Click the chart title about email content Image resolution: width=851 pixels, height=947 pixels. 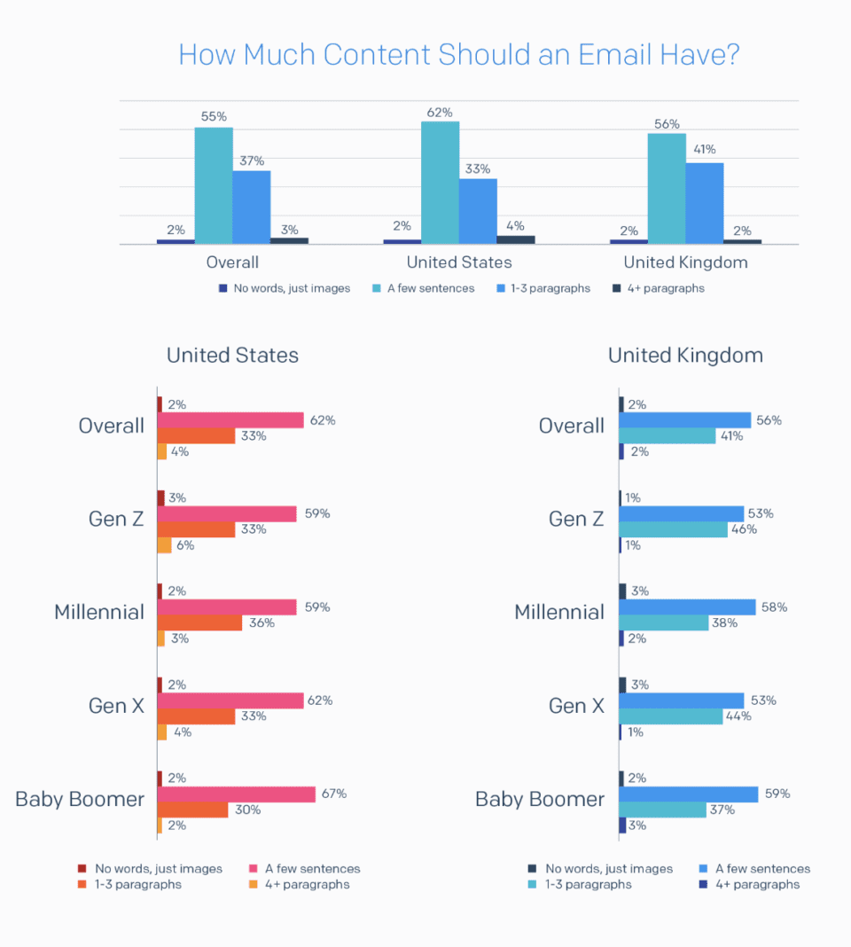click(458, 55)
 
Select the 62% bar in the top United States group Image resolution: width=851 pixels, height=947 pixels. click(440, 182)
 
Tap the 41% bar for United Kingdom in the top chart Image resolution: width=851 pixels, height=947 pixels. click(704, 203)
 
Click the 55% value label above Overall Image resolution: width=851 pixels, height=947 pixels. click(214, 117)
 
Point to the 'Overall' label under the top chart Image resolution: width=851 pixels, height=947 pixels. click(232, 262)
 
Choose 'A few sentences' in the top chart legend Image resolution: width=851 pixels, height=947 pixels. click(430, 288)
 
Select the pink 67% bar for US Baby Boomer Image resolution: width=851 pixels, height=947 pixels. click(236, 794)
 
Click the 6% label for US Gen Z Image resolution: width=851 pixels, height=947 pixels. click(185, 545)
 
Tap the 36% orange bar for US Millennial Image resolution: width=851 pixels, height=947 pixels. click(199, 623)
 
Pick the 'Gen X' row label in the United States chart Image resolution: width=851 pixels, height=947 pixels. click(116, 706)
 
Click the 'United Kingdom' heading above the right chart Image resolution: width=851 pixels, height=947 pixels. click(685, 356)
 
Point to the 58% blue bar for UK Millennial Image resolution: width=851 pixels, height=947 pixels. click(687, 607)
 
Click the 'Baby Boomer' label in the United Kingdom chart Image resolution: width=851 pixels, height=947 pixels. click(540, 799)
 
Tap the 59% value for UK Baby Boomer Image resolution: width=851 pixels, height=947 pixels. click(777, 794)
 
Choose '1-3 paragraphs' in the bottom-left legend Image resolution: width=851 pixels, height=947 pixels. click(138, 884)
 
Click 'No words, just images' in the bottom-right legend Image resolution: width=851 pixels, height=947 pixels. click(609, 869)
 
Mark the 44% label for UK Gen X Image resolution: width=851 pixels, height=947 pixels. click(738, 716)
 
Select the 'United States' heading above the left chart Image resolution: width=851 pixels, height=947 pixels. click(232, 356)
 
